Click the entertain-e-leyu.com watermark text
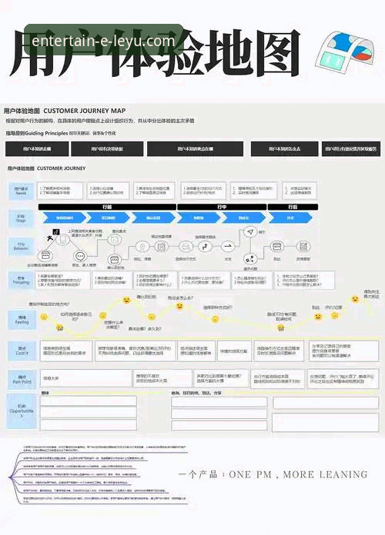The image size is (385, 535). click(x=103, y=41)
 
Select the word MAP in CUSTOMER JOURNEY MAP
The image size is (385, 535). click(x=117, y=111)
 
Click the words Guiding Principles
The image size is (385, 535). click(x=49, y=133)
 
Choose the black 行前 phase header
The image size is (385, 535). click(x=107, y=207)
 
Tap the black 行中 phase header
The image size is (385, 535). click(x=221, y=207)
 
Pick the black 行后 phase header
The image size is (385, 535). click(x=293, y=207)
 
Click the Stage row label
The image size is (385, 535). click(x=21, y=218)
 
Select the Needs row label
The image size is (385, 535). click(x=21, y=189)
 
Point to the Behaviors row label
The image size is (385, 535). click(x=21, y=247)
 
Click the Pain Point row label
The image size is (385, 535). click(x=21, y=379)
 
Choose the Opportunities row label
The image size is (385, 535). click(x=21, y=408)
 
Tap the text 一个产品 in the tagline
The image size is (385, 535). click(x=201, y=474)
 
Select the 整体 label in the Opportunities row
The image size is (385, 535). click(x=45, y=393)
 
